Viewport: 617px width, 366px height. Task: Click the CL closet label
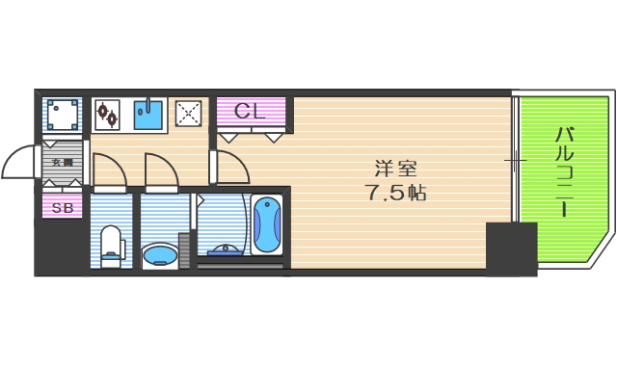(x=250, y=111)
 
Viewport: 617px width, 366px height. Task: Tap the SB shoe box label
(x=62, y=207)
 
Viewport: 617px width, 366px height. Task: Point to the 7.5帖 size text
(x=396, y=192)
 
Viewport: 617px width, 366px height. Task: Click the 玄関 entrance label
(x=62, y=162)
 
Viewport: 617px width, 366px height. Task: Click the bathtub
(x=267, y=225)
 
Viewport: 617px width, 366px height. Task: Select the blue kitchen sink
(x=148, y=115)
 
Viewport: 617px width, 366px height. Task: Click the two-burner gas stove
(x=107, y=115)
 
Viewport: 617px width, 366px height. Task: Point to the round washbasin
(x=159, y=255)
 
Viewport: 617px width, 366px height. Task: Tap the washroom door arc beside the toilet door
(x=160, y=170)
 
